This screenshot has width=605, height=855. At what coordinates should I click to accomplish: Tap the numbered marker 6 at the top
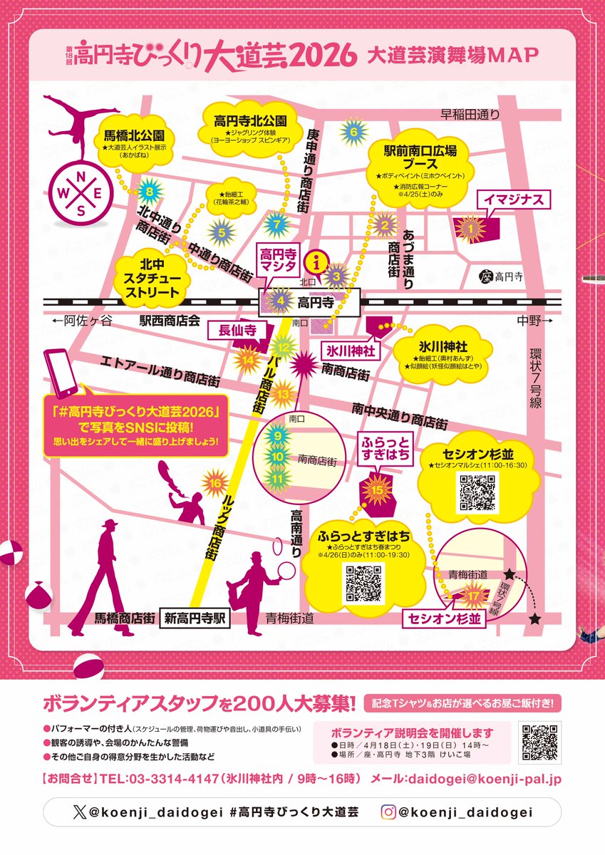[x=352, y=131]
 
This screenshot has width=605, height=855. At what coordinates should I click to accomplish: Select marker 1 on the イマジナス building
[x=470, y=228]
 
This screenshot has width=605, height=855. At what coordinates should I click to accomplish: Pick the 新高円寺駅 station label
[x=195, y=619]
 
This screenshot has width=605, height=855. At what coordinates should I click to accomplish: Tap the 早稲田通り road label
[x=469, y=114]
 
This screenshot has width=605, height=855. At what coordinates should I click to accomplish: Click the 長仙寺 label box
[x=231, y=329]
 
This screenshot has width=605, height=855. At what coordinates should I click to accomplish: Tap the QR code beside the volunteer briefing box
[x=541, y=742]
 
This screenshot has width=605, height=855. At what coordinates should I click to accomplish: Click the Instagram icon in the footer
[x=388, y=812]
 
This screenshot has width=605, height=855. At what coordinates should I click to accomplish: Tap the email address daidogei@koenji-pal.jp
[x=485, y=779]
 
